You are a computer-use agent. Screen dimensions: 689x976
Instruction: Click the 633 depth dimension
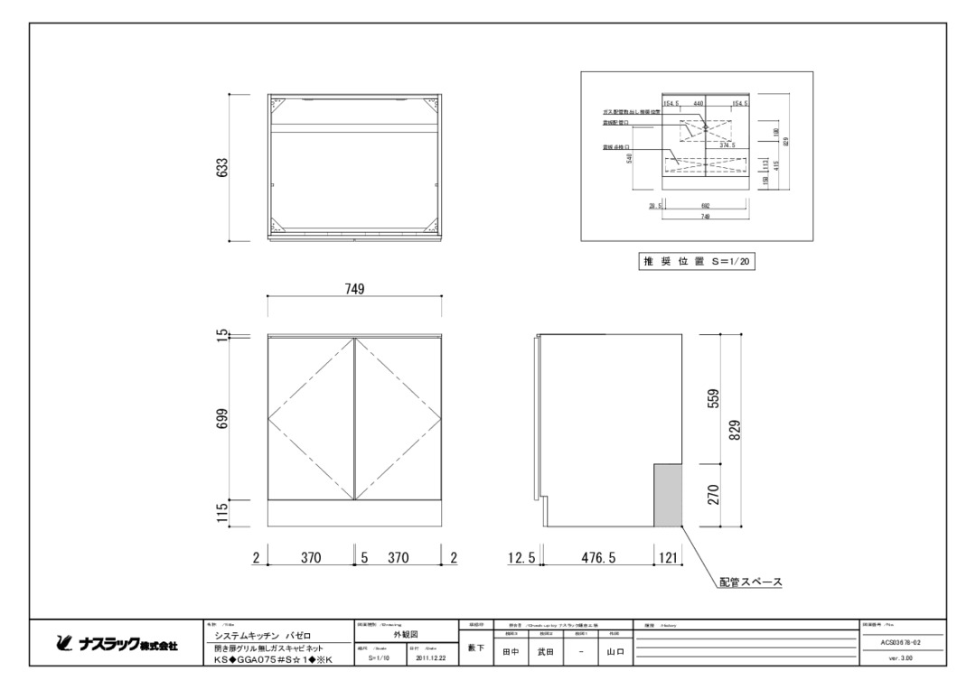222,168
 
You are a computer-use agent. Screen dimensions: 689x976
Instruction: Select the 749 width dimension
354,289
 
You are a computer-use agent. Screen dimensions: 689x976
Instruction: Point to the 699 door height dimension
222,419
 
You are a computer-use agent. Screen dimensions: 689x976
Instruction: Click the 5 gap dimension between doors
364,559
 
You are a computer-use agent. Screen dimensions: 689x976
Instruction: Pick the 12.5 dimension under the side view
521,559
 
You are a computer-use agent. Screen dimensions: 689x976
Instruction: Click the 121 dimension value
668,559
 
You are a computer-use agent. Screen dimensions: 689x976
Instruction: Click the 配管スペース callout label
750,582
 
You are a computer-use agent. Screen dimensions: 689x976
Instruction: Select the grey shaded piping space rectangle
666,495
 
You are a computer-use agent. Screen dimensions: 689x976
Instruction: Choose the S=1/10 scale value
378,658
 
